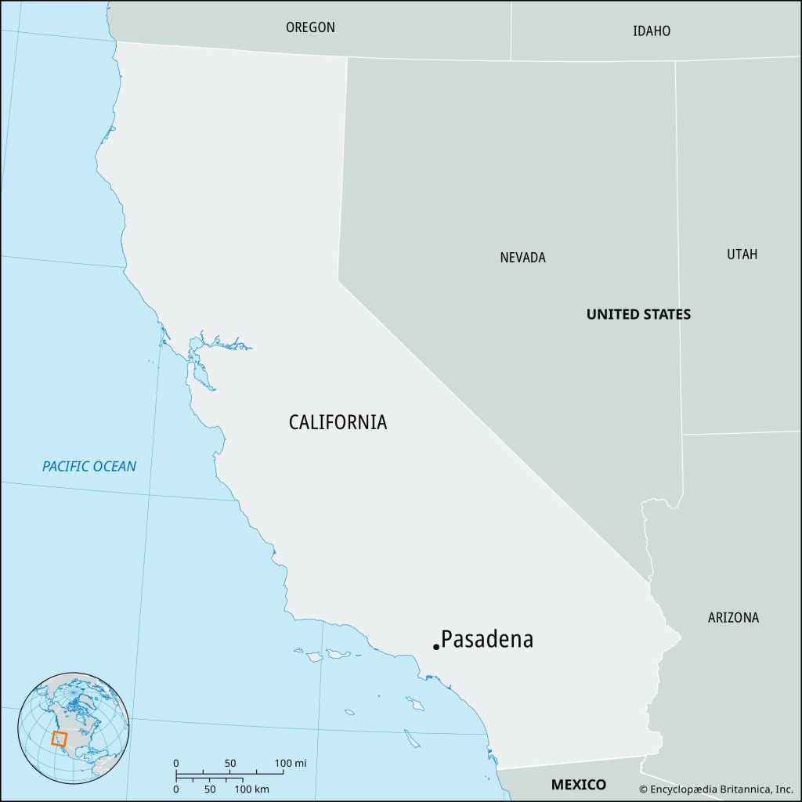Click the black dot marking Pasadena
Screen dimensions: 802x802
tap(435, 647)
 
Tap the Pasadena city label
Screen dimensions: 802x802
tap(487, 640)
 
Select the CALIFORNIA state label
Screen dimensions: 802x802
tap(338, 422)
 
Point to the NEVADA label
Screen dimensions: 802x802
tap(522, 258)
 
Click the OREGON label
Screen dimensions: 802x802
tap(310, 27)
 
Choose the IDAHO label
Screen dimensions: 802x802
tap(652, 31)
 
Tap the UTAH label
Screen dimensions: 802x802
tap(742, 255)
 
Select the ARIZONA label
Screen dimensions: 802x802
tap(733, 618)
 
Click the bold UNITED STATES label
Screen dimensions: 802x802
tap(638, 315)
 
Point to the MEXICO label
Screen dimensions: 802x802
tap(578, 785)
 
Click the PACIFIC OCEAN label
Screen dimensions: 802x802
tap(89, 467)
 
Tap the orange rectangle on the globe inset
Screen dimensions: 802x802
tap(60, 739)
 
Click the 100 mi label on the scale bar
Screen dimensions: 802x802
tap(291, 763)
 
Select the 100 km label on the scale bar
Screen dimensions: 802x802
tap(252, 789)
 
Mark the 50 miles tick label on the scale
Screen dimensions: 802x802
tap(229, 763)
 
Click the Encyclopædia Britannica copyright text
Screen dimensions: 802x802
tap(717, 789)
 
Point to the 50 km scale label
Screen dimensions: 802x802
tap(210, 789)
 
